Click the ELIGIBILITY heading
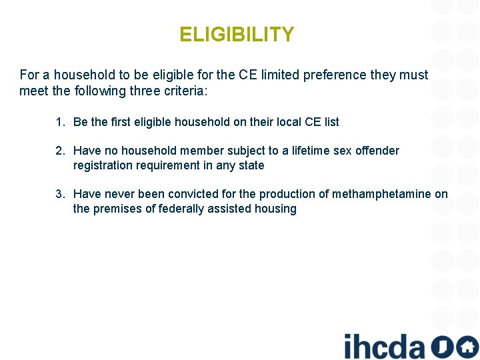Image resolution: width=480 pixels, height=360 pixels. click(237, 35)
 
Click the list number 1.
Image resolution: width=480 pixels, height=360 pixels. click(60, 122)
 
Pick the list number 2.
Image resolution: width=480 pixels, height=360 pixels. click(60, 151)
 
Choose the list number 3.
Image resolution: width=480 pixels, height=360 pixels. click(60, 194)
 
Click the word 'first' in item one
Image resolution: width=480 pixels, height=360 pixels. click(121, 122)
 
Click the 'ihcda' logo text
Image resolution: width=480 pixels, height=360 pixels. click(383, 346)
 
